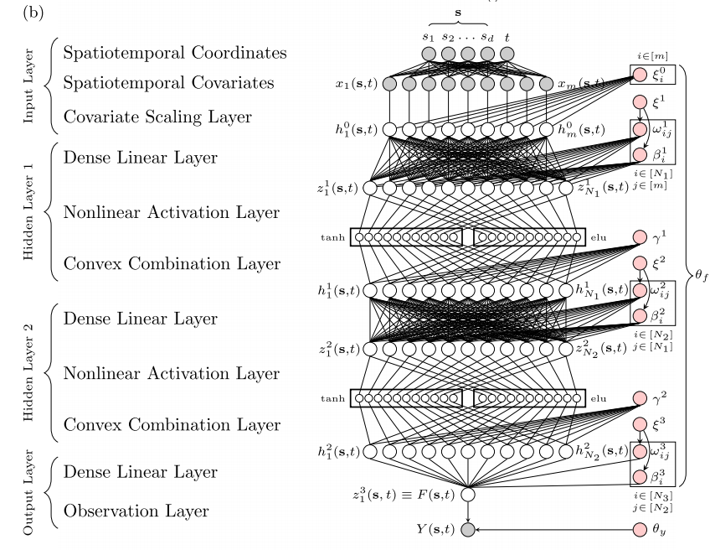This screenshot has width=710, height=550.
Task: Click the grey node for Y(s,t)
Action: point(467,529)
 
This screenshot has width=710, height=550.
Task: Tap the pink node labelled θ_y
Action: point(641,529)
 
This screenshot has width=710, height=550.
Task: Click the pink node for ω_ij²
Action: point(641,290)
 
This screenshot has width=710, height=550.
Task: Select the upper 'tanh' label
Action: point(337,237)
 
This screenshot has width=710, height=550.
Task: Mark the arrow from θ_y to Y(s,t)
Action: point(553,529)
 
